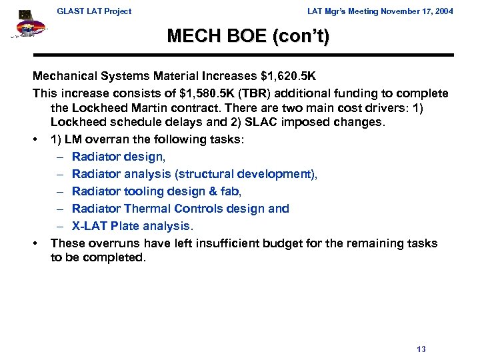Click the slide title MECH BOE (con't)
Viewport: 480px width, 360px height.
click(x=248, y=36)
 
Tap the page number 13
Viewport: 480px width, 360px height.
click(x=421, y=349)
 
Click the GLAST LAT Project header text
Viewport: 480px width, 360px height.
click(x=94, y=11)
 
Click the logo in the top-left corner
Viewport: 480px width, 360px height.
click(x=26, y=25)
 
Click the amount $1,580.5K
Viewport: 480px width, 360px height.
click(x=196, y=93)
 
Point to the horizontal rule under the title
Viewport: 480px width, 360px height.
click(x=243, y=55)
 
